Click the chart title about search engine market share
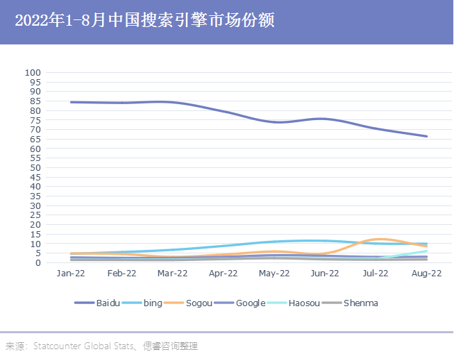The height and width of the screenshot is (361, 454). click(144, 21)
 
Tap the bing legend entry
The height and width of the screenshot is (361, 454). click(151, 303)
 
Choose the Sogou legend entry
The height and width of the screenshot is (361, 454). click(196, 303)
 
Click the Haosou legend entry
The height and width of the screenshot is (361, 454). click(305, 303)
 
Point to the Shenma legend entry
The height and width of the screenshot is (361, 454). click(360, 303)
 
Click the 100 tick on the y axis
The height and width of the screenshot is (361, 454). click(34, 72)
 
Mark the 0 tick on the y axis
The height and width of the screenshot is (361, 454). click(39, 263)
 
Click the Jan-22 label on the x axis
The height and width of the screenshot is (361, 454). click(71, 274)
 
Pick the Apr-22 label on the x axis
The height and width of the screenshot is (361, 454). click(224, 274)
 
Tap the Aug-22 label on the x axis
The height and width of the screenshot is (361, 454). click(426, 274)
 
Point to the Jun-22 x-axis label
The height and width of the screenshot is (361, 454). click(325, 274)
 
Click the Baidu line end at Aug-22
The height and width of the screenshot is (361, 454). click(426, 136)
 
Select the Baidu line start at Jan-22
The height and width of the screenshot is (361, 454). click(72, 102)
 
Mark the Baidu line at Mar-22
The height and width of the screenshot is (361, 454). click(173, 102)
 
